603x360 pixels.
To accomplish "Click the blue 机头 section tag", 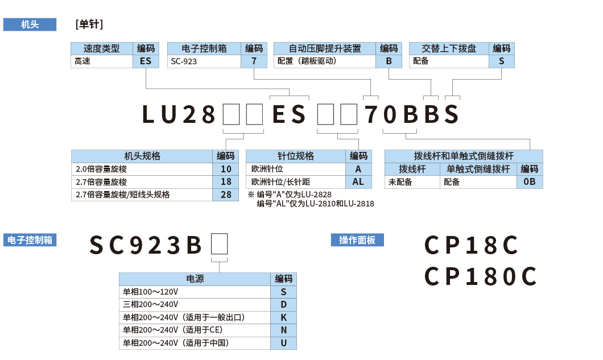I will [x=30, y=24].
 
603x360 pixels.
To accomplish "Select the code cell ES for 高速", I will [x=146, y=61].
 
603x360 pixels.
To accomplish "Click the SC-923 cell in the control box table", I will [x=204, y=61].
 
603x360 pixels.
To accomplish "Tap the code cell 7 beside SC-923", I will [x=254, y=61].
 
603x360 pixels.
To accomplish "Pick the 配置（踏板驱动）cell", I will [x=324, y=61].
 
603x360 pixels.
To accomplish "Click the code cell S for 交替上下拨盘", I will [x=502, y=61].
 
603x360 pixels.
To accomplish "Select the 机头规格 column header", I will [x=142, y=156].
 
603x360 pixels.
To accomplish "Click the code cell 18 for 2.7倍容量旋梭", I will [x=226, y=182].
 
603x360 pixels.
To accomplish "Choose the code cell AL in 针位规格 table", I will [x=358, y=182].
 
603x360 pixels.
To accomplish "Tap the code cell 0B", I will [x=530, y=182].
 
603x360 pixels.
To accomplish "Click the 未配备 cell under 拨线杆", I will [x=412, y=182].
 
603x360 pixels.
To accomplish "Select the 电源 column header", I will [x=195, y=279].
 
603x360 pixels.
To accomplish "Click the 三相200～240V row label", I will [x=195, y=304].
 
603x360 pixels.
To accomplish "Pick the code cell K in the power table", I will [x=283, y=317].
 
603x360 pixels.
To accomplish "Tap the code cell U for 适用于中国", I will [x=283, y=343].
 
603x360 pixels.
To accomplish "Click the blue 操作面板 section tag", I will [x=357, y=240].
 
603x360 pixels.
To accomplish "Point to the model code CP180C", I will [x=481, y=277].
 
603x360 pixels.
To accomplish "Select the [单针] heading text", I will [x=89, y=24].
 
